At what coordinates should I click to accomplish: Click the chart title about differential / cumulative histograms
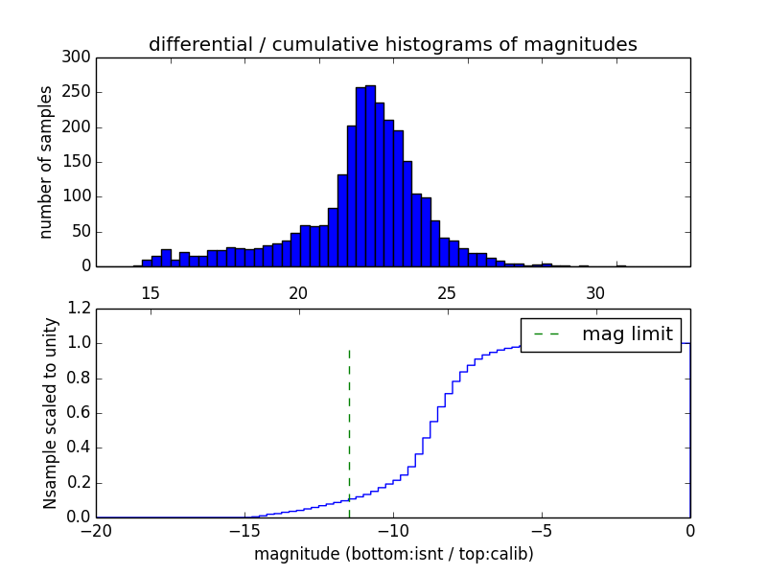click(x=392, y=44)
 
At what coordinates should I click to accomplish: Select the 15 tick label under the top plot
click(x=150, y=292)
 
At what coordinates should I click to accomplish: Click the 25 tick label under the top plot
click(x=447, y=292)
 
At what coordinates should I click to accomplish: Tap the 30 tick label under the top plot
click(x=595, y=292)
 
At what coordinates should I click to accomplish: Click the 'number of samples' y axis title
click(x=46, y=162)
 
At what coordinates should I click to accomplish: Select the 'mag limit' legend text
click(x=627, y=334)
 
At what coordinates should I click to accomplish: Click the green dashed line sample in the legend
click(x=547, y=334)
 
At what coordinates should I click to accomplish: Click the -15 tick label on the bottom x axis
click(x=244, y=529)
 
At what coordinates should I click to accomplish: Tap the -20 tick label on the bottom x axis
click(x=96, y=529)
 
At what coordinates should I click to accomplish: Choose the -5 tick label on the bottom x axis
click(x=541, y=529)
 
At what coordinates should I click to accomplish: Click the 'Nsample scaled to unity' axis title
click(x=50, y=413)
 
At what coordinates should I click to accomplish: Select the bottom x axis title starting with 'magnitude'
click(x=393, y=553)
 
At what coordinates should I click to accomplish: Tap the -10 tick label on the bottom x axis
click(x=392, y=529)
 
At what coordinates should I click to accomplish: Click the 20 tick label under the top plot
click(x=298, y=292)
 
